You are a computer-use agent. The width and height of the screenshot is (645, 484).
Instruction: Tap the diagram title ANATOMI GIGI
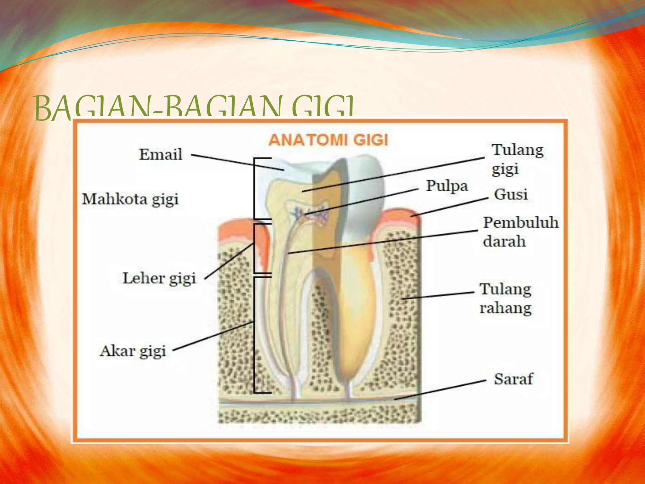click(x=328, y=140)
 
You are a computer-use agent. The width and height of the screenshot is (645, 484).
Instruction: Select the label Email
click(x=161, y=154)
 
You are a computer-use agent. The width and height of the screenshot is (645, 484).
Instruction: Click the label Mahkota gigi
click(x=130, y=199)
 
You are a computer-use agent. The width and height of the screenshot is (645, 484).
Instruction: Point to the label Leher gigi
click(x=159, y=278)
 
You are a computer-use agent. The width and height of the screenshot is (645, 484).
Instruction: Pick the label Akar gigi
click(x=133, y=351)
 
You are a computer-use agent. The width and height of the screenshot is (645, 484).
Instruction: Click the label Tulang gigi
click(x=517, y=159)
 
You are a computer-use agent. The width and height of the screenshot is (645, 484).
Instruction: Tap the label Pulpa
click(x=447, y=186)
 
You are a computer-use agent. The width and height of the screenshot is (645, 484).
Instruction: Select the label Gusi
click(x=511, y=194)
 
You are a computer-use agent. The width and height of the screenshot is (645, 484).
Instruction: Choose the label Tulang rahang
click(x=505, y=298)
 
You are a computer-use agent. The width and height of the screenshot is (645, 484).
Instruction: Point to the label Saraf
click(x=513, y=379)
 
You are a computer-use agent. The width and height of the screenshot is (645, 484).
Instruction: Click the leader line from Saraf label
click(x=441, y=390)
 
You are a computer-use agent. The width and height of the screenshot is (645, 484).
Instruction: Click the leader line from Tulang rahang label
click(x=438, y=295)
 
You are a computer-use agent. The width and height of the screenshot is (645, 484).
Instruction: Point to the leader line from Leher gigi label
click(x=229, y=261)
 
